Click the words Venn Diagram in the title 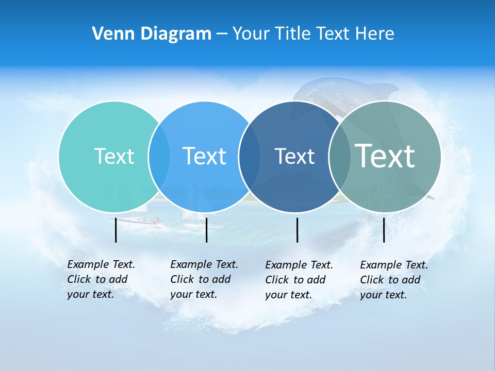pos(152,34)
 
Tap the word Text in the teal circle pos(114,156)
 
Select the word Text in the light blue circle pos(204,156)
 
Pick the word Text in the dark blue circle pos(294,156)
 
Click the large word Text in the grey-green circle pos(385,156)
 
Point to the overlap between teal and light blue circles pos(159,157)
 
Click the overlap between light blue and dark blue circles pos(250,157)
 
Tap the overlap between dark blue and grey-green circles pos(339,157)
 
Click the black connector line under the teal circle pos(116,230)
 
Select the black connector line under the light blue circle pos(206,230)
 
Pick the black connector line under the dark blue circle pos(298,230)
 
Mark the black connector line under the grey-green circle pos(384,230)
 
